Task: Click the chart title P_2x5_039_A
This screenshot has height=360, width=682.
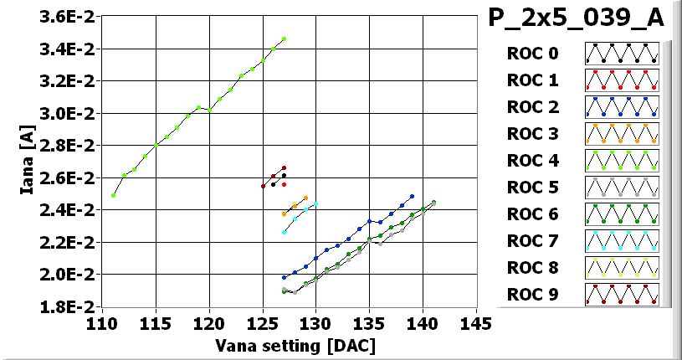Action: pyautogui.click(x=576, y=19)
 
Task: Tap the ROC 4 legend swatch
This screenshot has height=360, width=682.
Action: pyautogui.click(x=621, y=161)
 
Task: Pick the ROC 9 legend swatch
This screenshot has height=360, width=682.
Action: pyautogui.click(x=621, y=295)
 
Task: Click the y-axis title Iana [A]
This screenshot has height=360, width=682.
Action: pyautogui.click(x=27, y=162)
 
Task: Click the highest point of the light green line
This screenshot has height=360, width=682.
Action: pyautogui.click(x=285, y=39)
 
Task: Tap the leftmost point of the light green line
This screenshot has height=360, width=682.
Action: pyautogui.click(x=113, y=195)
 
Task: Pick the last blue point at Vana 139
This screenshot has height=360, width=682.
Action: pyautogui.click(x=413, y=197)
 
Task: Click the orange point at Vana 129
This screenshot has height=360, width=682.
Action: pyautogui.click(x=305, y=198)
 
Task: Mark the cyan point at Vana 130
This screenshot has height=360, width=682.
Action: pyautogui.click(x=315, y=204)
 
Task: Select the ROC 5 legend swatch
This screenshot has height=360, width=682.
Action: pyautogui.click(x=621, y=188)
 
